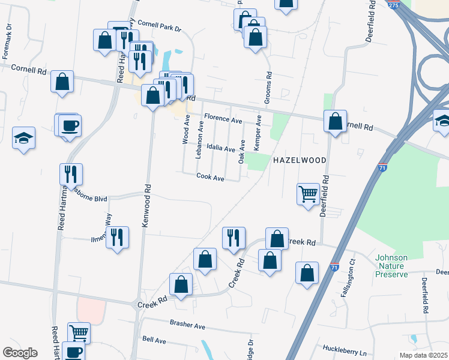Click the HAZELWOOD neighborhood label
pos(300,160)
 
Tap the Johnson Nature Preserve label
pos(391,266)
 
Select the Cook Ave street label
pos(210,178)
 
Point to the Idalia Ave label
pos(220,148)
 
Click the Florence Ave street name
pos(223,120)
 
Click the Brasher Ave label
pos(187,326)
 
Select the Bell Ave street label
pos(154,340)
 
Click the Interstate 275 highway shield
pos(393,5)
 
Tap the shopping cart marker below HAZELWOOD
pos(308,194)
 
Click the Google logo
pos(20,353)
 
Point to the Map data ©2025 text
pos(424,355)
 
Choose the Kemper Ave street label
pos(258,132)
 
